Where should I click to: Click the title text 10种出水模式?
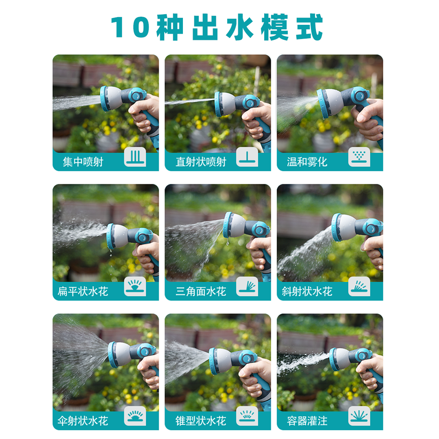217,28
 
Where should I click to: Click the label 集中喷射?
83,162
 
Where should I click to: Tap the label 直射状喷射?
201,162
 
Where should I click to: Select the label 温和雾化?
307,162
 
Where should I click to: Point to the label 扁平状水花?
83,291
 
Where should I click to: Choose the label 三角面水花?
201,291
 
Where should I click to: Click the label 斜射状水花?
307,291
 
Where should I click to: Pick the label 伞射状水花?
83,421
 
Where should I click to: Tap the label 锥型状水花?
201,421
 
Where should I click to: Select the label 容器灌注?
307,421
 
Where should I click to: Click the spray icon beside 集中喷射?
135,157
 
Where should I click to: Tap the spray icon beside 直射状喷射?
247,157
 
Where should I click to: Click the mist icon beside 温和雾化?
359,157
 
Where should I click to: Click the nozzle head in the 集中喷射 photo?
109,98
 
